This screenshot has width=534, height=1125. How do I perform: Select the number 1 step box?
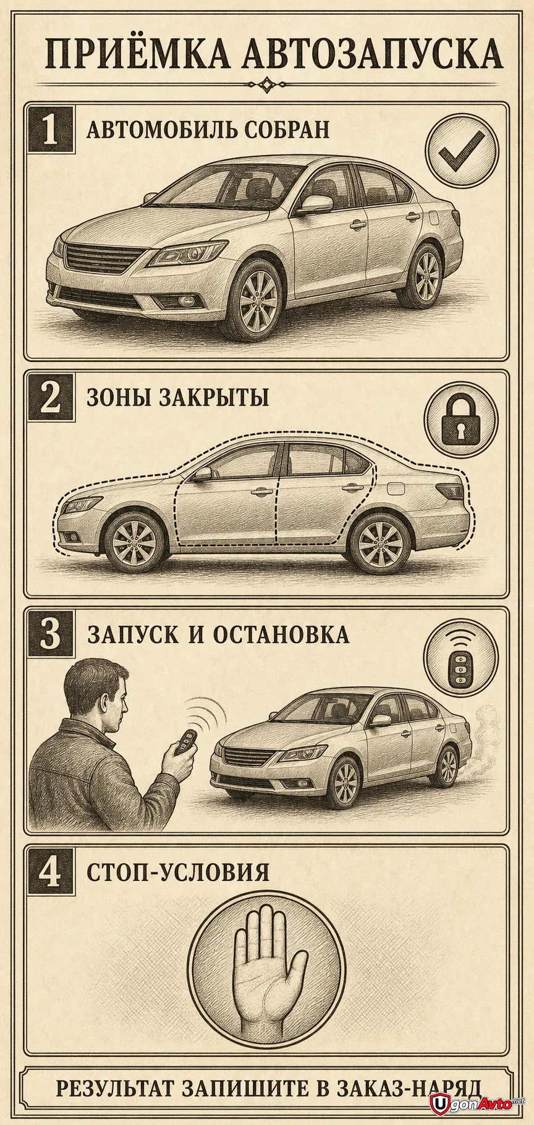[49, 130]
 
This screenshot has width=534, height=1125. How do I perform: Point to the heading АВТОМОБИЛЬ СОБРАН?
[208, 130]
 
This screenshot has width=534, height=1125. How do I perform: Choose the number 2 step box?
[49, 397]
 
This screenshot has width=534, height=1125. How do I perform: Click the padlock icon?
[461, 419]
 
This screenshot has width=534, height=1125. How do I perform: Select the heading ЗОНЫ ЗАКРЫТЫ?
[178, 397]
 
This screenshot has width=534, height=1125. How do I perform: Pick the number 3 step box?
[49, 635]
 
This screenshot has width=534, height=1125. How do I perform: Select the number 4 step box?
[49, 872]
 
